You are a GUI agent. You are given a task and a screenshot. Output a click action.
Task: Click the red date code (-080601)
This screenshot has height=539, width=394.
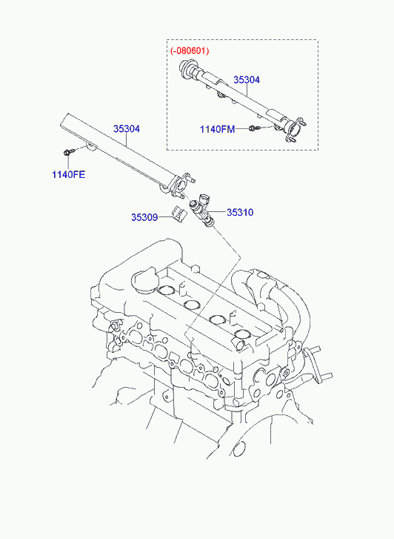pyautogui.click(x=190, y=51)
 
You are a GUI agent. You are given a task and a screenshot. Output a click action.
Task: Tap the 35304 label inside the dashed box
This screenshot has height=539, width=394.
pyautogui.click(x=247, y=80)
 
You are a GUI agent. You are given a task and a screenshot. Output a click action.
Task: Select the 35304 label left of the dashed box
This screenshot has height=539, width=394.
pyautogui.click(x=127, y=129)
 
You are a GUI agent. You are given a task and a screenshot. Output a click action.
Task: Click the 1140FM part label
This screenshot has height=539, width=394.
pyautogui.click(x=218, y=129)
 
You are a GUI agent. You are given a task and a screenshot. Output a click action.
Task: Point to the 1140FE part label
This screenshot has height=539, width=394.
pyautogui.click(x=68, y=175)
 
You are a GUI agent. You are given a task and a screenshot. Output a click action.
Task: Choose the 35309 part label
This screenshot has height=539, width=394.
pyautogui.click(x=144, y=217)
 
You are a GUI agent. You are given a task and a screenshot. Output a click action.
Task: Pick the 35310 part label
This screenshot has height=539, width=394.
pyautogui.click(x=240, y=213)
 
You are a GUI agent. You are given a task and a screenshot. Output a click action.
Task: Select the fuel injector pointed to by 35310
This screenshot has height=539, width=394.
pyautogui.click(x=202, y=210)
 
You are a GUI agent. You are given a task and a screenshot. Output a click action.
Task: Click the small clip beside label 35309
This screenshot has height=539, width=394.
pyautogui.click(x=178, y=214)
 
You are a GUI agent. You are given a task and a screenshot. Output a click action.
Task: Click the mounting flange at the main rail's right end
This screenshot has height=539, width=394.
pyautogui.click(x=181, y=185)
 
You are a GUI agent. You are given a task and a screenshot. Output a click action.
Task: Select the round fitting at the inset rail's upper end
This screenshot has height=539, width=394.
pyautogui.click(x=187, y=67)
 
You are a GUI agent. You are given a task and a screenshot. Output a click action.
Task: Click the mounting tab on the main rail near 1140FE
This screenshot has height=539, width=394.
pyautogui.click(x=90, y=148)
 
